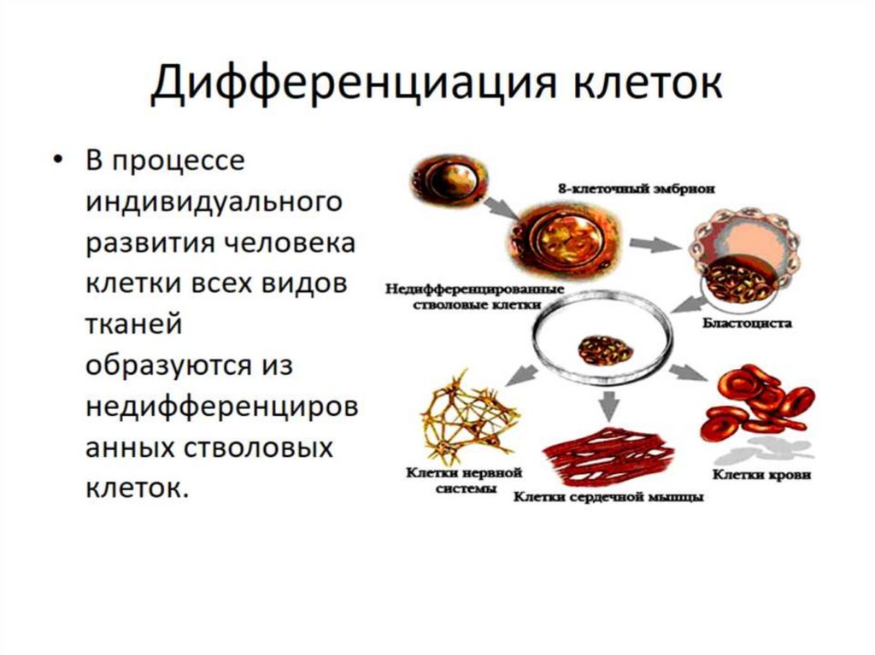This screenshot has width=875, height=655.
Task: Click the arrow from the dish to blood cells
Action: tap(687, 372)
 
